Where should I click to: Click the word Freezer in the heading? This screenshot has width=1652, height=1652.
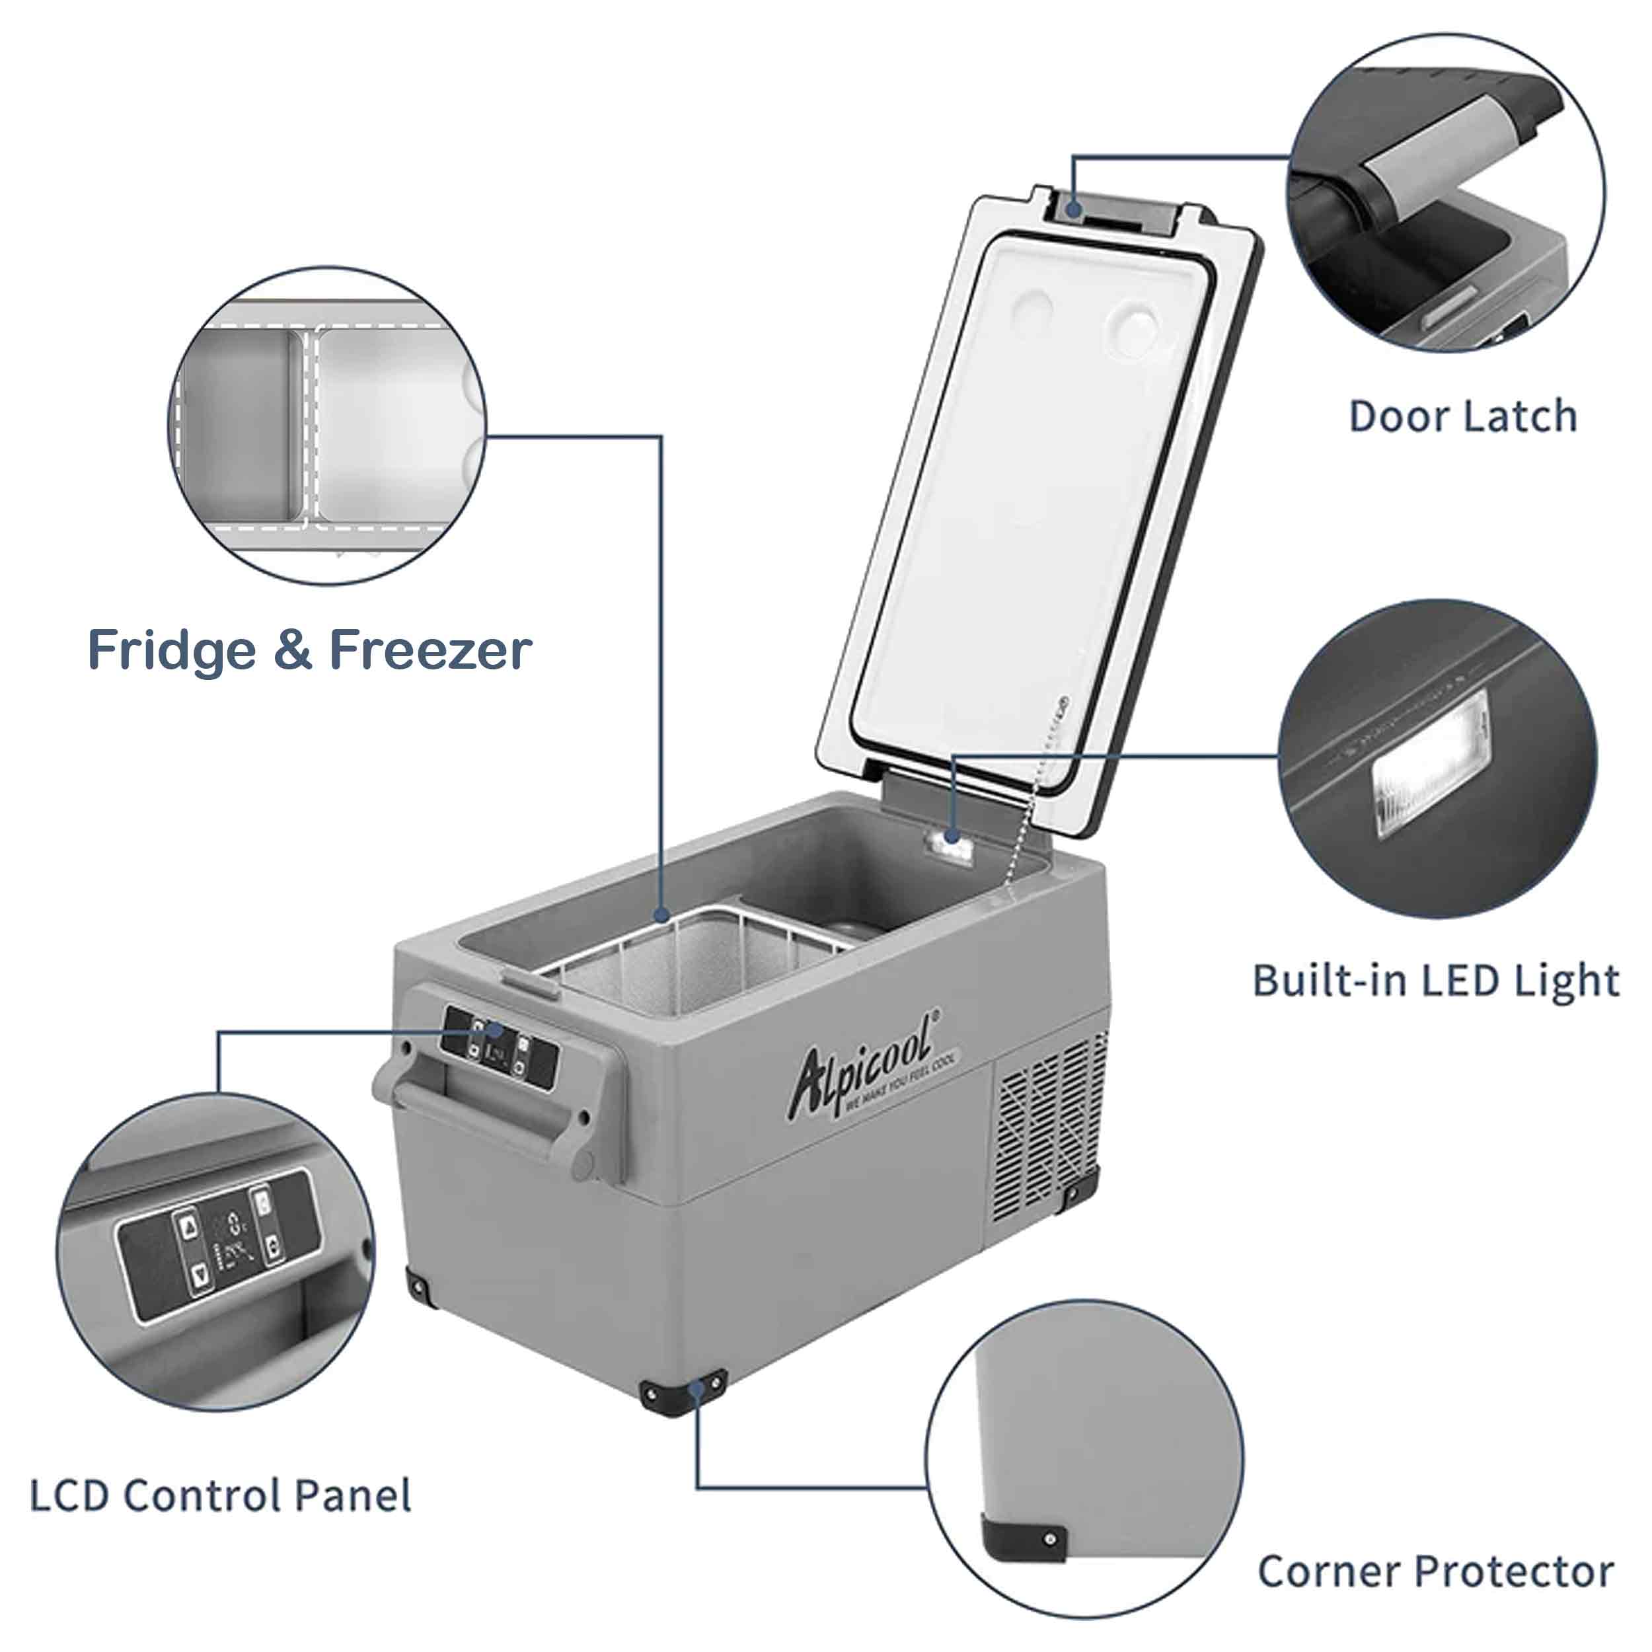pos(431,651)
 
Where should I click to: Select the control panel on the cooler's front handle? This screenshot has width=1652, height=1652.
pos(500,1047)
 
